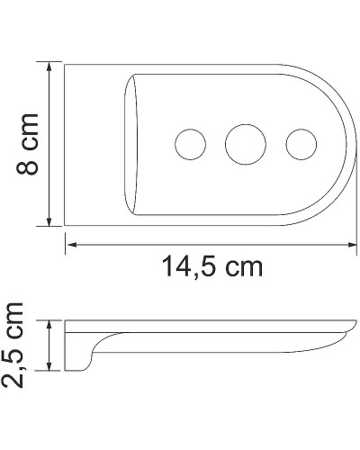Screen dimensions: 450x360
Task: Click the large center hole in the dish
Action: pos(243,144)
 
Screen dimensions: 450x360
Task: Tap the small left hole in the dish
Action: pos(190,144)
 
